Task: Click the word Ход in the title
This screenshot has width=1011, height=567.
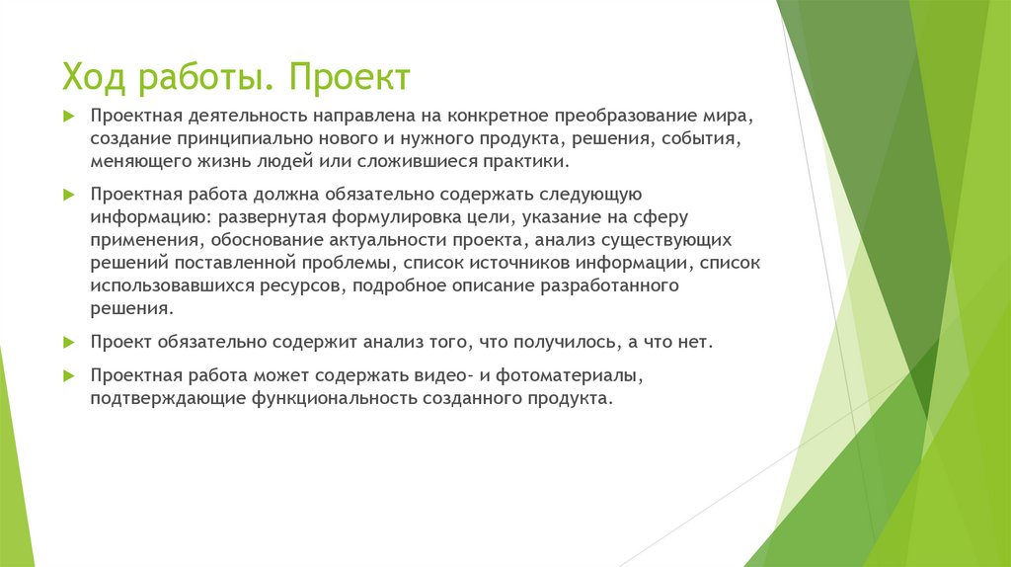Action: (95, 77)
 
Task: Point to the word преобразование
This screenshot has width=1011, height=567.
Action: (629, 117)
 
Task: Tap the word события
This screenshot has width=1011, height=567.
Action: (700, 139)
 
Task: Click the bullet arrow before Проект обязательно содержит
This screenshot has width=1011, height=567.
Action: (68, 342)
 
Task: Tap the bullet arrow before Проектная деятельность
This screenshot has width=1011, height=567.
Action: (68, 117)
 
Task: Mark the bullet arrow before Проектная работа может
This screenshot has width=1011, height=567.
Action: (68, 376)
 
